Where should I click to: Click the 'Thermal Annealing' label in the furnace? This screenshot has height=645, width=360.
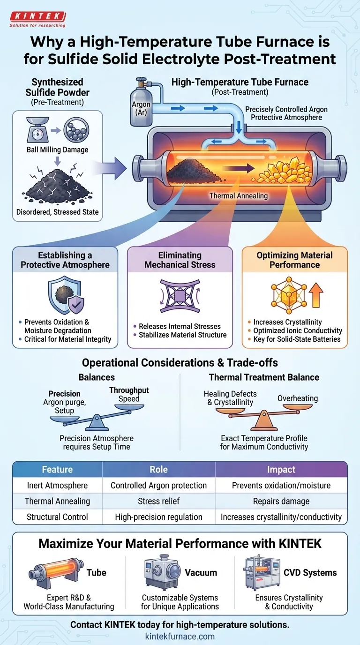click(x=239, y=196)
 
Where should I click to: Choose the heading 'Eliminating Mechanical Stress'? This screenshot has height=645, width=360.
click(x=180, y=260)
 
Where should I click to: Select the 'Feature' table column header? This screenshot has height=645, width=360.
click(x=57, y=470)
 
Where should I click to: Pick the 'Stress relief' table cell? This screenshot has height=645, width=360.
click(x=158, y=501)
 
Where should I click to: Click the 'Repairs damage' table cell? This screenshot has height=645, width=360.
click(x=281, y=501)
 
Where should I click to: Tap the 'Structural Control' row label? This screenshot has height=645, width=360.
click(x=57, y=517)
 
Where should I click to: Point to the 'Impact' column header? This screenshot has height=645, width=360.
click(x=281, y=470)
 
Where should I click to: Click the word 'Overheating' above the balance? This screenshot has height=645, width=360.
click(x=298, y=398)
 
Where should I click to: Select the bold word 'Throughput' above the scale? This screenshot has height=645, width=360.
click(x=129, y=390)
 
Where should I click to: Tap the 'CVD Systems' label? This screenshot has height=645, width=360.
click(x=310, y=573)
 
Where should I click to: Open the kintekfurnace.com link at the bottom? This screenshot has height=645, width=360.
click(x=180, y=636)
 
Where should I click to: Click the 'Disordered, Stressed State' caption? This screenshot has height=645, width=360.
click(x=58, y=211)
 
